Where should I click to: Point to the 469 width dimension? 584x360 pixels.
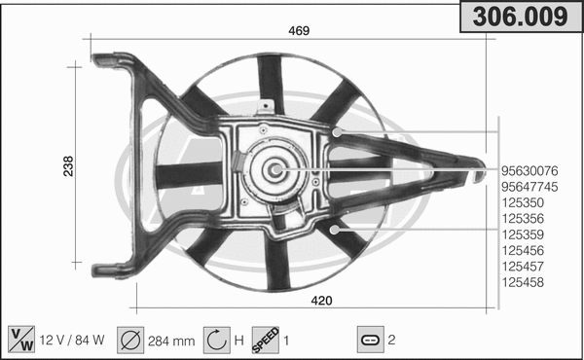pos(298,31)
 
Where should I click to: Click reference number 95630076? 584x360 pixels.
pos(529,171)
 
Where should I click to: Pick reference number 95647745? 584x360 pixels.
pos(529,187)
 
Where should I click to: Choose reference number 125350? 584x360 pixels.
pos(522,203)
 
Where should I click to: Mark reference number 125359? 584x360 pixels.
pos(522,234)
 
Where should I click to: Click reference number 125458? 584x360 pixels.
pos(522,282)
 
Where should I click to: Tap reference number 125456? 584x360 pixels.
pos(522,251)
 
